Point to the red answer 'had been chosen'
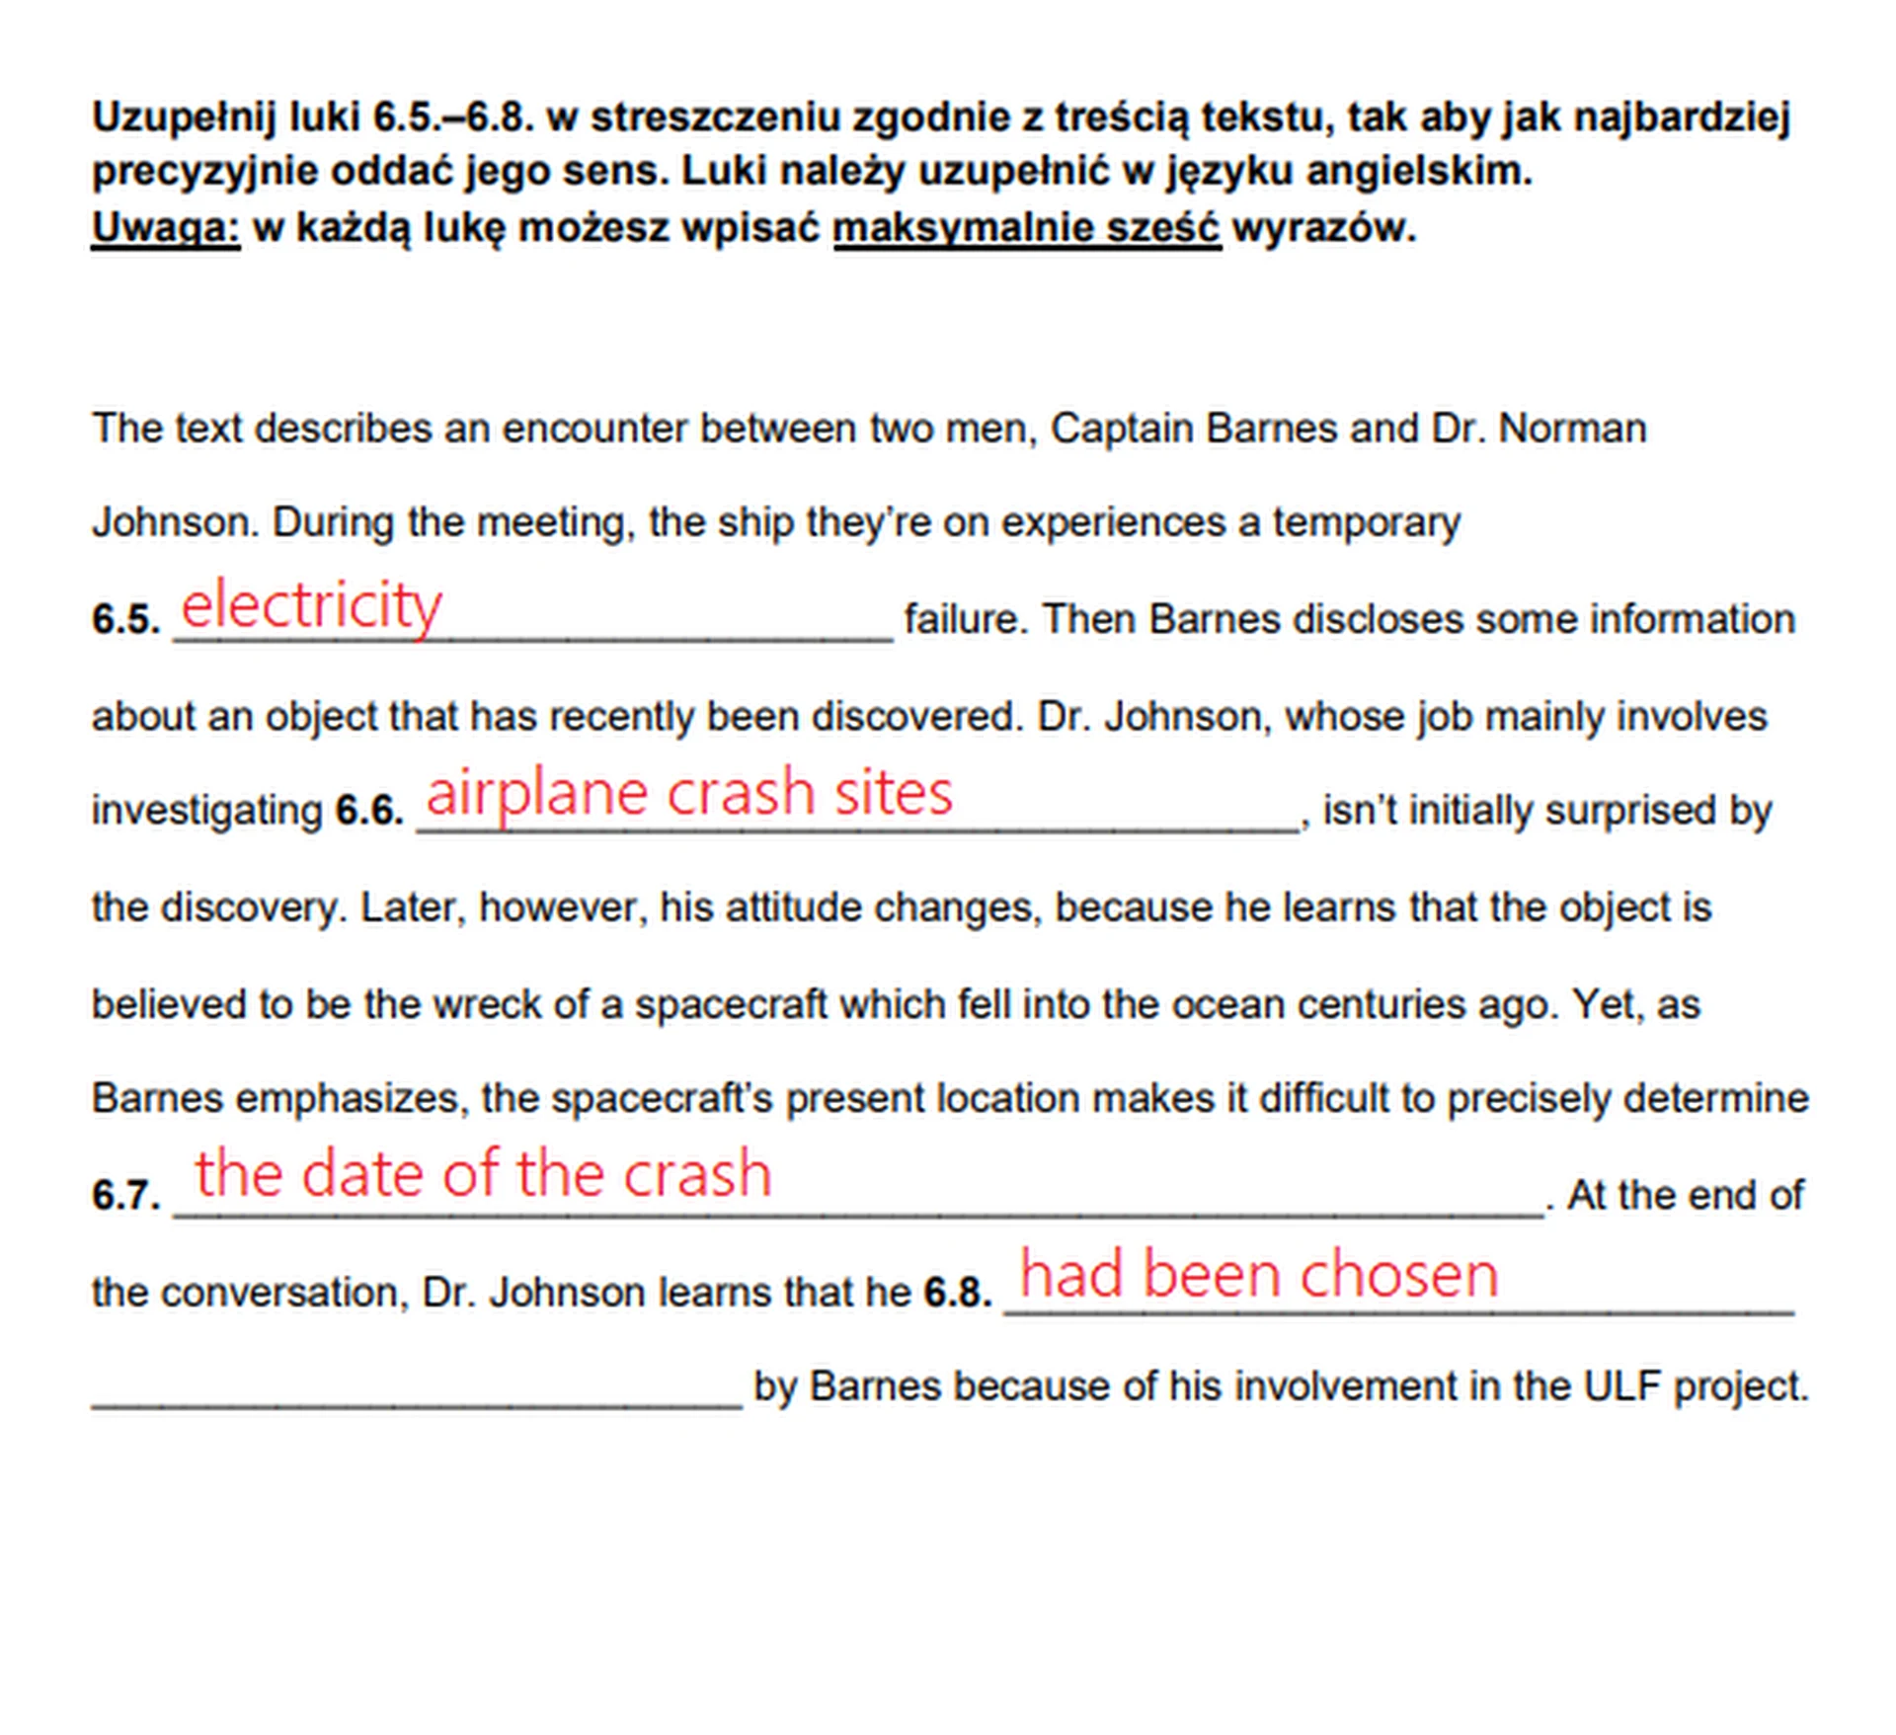point(1258,1274)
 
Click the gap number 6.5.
point(125,620)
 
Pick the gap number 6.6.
point(369,811)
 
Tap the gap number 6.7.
point(125,1196)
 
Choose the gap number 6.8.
point(957,1292)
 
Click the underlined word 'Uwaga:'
point(165,228)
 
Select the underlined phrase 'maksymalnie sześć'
point(1027,228)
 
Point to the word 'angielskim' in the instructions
point(1418,172)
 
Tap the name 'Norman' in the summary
point(1572,429)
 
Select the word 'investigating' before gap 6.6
point(206,811)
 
